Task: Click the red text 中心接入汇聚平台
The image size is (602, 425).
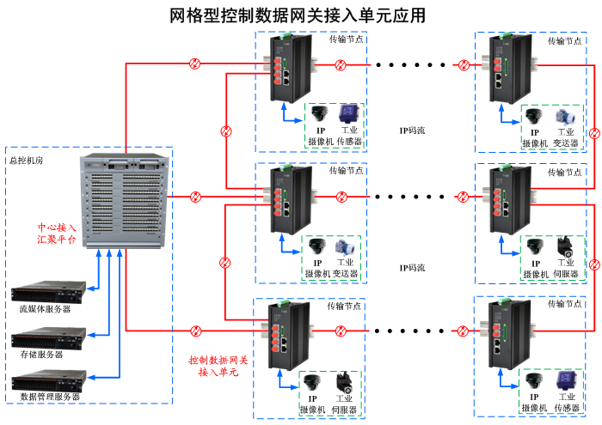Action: point(56,234)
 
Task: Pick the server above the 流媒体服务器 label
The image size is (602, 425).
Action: point(50,291)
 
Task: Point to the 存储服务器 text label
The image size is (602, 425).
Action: point(41,354)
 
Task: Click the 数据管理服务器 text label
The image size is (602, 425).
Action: point(50,397)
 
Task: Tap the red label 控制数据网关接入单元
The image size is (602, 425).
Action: point(218,366)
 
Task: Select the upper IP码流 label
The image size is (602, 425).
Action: point(413,131)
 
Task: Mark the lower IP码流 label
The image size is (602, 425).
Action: point(413,268)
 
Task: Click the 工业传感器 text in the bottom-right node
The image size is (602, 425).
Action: point(567,403)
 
